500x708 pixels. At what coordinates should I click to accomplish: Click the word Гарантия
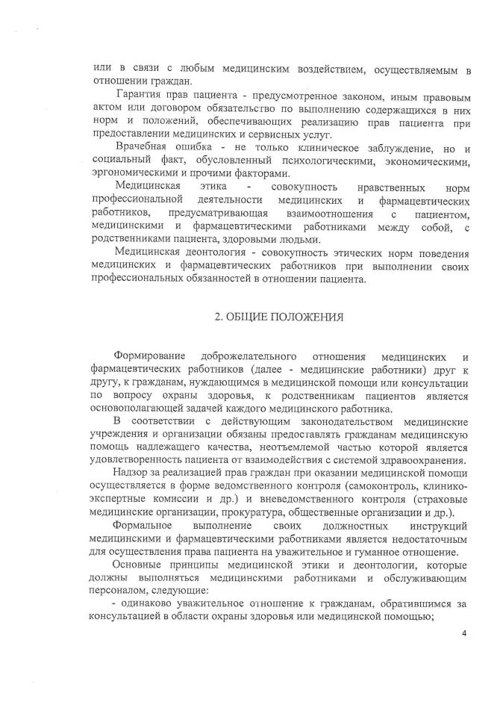tap(139, 98)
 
